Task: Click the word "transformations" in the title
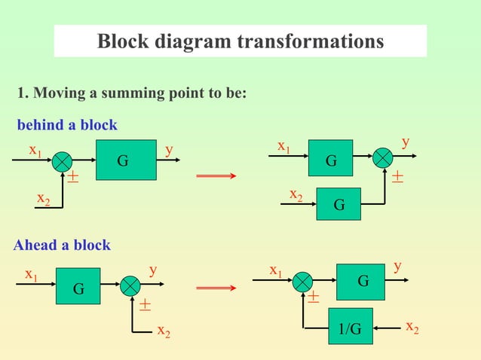[310, 41]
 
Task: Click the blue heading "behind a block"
[67, 124]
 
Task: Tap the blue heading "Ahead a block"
[63, 245]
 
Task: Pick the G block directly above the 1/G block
[363, 282]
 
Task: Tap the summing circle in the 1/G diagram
[303, 282]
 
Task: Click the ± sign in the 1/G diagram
[312, 299]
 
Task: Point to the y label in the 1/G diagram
[397, 267]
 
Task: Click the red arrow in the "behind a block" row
[216, 176]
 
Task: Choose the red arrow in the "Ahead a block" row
[216, 288]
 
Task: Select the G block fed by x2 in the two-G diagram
[339, 204]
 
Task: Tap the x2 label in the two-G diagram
[296, 194]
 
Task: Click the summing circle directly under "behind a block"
[63, 160]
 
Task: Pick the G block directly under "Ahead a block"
[78, 287]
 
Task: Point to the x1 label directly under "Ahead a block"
[31, 274]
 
